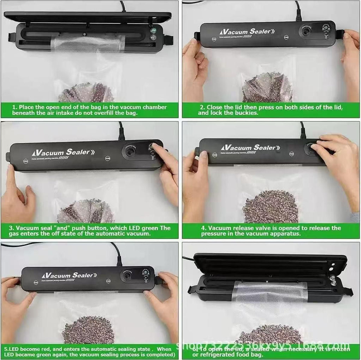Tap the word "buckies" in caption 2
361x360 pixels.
point(243,113)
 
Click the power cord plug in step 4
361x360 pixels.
point(303,133)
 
